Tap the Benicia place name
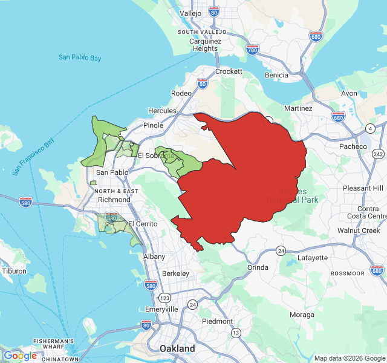point(276,75)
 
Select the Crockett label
point(229,71)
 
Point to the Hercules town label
point(163,111)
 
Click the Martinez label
point(298,108)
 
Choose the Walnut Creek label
point(359,231)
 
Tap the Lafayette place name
point(313,258)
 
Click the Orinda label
point(258,267)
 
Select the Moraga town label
point(302,315)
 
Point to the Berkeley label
point(174,273)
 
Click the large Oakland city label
point(177,348)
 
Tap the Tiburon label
point(14,271)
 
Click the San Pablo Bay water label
point(80,57)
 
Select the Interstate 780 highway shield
point(253,50)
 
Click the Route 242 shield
point(379,154)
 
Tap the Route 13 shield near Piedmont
point(236,333)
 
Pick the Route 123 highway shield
point(165,298)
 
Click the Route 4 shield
point(369,128)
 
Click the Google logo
point(20,356)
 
